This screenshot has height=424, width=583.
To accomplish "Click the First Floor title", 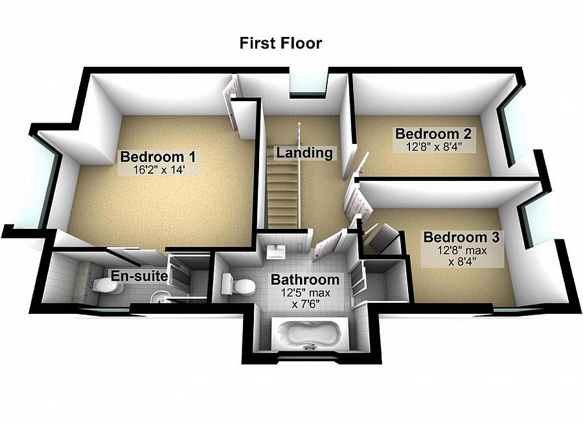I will click(280, 43).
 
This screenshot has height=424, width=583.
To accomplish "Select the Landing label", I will click(304, 153).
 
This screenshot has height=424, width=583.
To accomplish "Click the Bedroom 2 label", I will click(432, 134).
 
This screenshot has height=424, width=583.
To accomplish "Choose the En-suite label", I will click(139, 276).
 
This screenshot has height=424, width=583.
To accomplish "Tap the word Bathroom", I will click(304, 280).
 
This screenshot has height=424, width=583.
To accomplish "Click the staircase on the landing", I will click(282, 188).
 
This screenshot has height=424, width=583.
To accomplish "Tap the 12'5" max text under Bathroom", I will click(304, 293).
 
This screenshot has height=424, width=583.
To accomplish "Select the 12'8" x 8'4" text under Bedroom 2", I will click(432, 147).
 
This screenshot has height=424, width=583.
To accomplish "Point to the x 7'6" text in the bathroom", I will click(304, 303).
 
